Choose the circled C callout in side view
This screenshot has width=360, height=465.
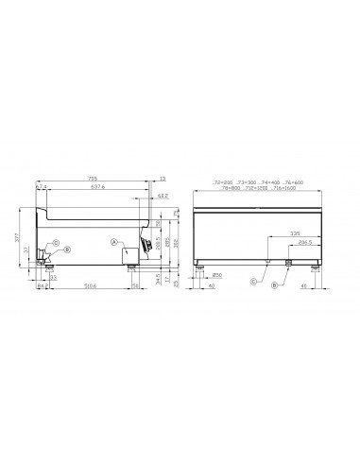tap(55, 244)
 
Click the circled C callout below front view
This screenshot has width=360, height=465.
tap(253, 282)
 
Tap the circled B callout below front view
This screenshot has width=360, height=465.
tap(274, 284)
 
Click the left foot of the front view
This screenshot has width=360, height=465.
tap(199, 267)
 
